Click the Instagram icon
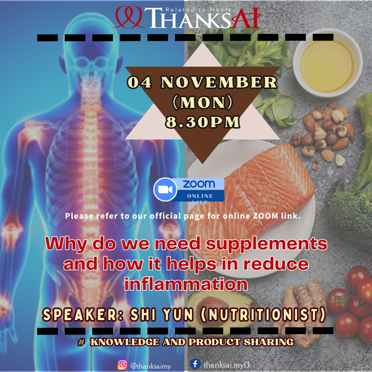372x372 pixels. coord(122,364)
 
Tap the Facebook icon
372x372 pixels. coord(195,363)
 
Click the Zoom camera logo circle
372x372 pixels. coord(165,189)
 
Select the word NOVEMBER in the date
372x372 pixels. coord(219,82)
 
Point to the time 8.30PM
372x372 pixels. coord(203,122)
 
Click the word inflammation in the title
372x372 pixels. coord(186,284)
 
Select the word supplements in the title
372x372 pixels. coord(266,244)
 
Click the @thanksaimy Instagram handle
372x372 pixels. coord(151,366)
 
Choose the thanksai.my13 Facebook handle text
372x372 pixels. coord(227,364)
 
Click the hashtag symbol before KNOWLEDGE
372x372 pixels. coord(81,342)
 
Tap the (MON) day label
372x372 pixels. coord(203,103)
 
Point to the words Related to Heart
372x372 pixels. coord(198,10)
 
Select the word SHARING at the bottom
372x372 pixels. coord(269,342)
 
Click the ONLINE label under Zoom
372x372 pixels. coord(200,196)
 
